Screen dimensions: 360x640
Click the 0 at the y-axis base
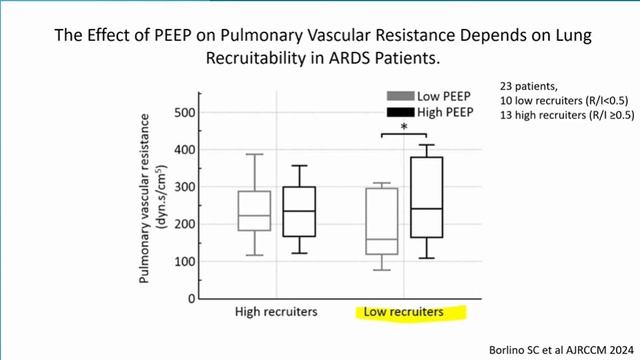click(x=187, y=299)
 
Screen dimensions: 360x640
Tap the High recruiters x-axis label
click(x=276, y=313)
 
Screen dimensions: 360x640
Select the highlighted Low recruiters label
click(x=401, y=313)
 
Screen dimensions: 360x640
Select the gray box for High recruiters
click(x=255, y=210)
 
